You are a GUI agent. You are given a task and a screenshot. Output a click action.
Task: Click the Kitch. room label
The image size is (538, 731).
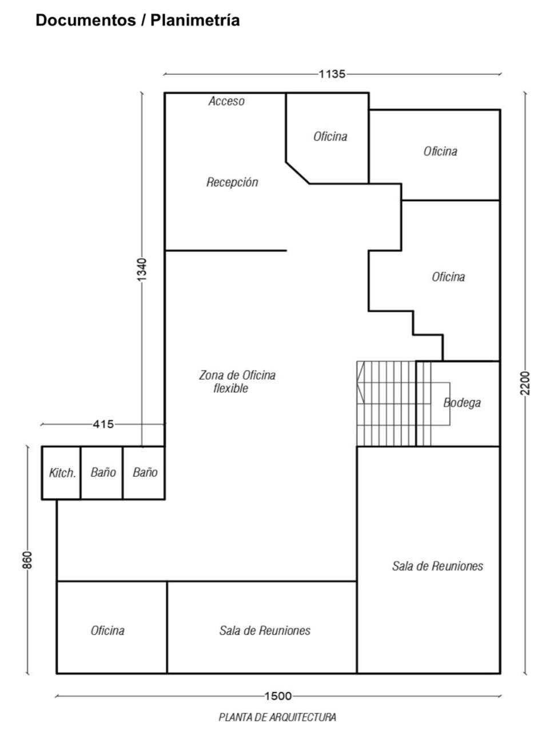(x=62, y=473)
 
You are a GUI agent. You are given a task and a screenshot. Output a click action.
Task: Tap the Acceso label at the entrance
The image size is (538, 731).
(x=226, y=101)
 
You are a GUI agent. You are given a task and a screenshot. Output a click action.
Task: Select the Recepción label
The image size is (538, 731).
(x=232, y=182)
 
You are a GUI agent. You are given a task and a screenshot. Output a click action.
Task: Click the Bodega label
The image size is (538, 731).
(x=462, y=403)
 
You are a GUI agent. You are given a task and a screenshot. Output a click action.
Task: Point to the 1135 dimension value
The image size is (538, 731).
(x=332, y=74)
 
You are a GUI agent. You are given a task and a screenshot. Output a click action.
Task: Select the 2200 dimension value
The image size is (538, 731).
(x=525, y=383)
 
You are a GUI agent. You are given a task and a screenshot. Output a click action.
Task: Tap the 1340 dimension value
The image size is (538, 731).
(x=142, y=270)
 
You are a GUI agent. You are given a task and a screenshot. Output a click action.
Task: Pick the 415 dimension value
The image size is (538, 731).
(x=103, y=424)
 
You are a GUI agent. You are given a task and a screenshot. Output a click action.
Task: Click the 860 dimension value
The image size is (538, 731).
(x=27, y=560)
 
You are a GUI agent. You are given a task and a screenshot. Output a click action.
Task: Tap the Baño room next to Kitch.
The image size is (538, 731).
(x=103, y=472)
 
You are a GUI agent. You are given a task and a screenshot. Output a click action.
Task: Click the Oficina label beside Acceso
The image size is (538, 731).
(x=330, y=136)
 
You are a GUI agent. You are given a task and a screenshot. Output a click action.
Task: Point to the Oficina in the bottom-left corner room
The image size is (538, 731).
(x=107, y=630)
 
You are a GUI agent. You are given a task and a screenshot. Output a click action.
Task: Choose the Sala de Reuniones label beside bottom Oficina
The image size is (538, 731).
(x=265, y=630)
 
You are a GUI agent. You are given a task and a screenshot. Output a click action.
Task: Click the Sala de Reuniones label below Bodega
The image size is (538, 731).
(x=438, y=566)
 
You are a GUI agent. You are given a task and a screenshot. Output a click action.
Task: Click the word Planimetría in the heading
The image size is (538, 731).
(x=195, y=20)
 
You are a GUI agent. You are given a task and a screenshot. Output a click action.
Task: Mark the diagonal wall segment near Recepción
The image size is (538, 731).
(x=297, y=173)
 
